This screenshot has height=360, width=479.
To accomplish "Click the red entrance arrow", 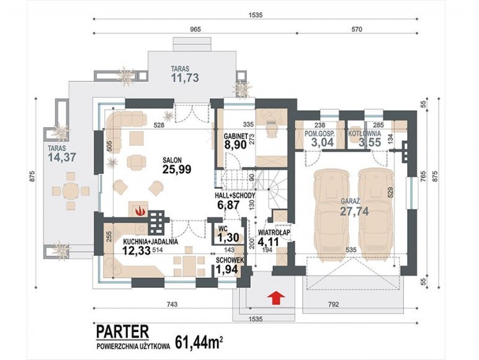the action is (276, 299).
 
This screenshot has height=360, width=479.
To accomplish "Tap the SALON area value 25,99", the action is (177, 169).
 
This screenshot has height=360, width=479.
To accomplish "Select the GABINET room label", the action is (235, 135).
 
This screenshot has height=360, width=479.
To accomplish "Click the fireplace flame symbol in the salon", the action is (140, 210).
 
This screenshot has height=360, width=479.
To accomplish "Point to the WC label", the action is (223, 228).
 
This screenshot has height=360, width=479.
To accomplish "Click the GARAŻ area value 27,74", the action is (354, 211).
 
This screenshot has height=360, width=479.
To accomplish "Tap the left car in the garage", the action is (331, 215).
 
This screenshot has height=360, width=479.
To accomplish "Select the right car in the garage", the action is (375, 214).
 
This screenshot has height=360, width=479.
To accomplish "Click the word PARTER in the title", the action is (122, 332).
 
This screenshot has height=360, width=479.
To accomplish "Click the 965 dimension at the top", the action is (195, 29).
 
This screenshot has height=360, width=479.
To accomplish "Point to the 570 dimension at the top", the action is (357, 29).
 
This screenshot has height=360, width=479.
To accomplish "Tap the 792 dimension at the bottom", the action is (334, 304).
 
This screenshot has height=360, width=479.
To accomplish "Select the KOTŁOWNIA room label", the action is (364, 133).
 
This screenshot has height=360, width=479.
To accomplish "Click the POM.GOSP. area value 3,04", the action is (322, 142).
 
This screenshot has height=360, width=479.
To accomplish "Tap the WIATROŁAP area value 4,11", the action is (268, 241).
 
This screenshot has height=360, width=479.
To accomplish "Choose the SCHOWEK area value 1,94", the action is (226, 269).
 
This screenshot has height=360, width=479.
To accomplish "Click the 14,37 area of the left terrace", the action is (62, 157).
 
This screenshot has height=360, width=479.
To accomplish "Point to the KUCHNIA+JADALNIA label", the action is (151, 241).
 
